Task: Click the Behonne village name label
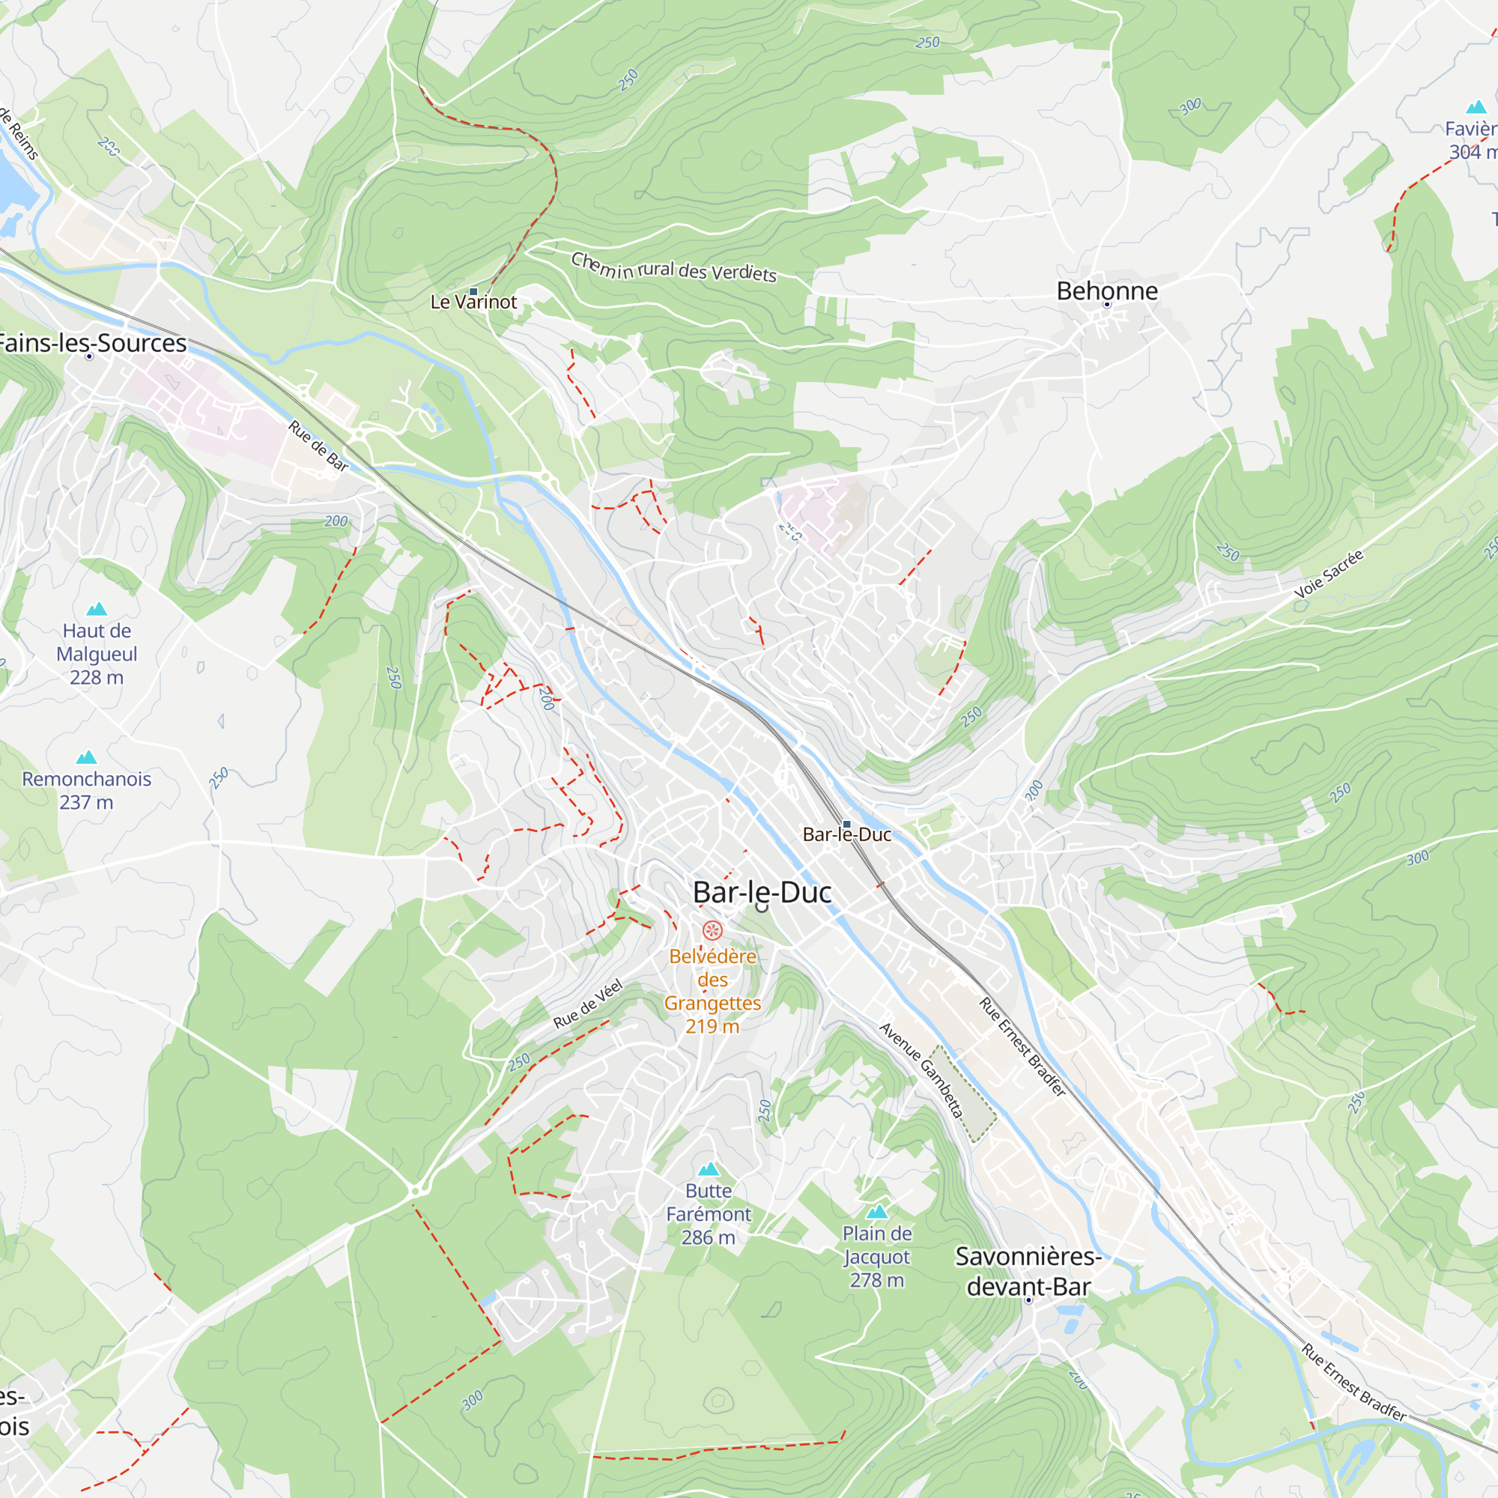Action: (x=1107, y=291)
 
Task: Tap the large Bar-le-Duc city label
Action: (x=762, y=893)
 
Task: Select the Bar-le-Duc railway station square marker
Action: (x=846, y=824)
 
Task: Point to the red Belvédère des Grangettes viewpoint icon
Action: (x=712, y=930)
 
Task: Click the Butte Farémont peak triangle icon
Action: (x=709, y=1169)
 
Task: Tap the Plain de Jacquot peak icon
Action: (x=877, y=1212)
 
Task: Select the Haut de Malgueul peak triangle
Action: (x=96, y=610)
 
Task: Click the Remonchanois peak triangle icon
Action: (x=87, y=757)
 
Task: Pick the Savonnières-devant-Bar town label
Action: (x=1028, y=1272)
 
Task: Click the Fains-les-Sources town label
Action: (x=91, y=343)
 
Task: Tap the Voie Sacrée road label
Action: (x=1328, y=574)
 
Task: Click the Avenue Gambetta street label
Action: (x=921, y=1071)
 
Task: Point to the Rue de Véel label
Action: (x=588, y=1004)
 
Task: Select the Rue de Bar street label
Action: (x=318, y=446)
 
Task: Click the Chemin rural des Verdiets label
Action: (x=674, y=267)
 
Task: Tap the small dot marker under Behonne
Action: (x=1107, y=305)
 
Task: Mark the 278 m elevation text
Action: (x=877, y=1280)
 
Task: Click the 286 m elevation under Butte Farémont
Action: (x=708, y=1237)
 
